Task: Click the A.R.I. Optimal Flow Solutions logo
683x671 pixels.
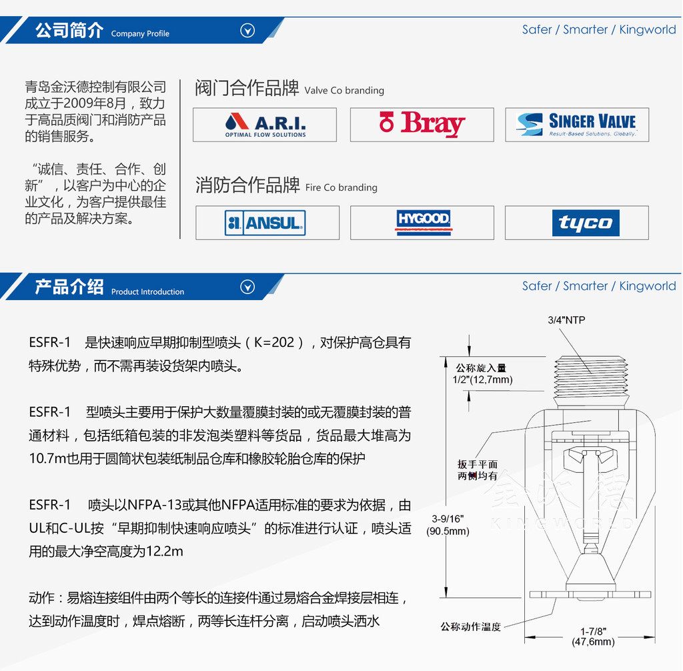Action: [265, 125]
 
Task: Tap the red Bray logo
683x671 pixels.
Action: [422, 124]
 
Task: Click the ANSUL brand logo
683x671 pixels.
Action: [265, 223]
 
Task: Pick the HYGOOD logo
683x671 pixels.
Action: [424, 222]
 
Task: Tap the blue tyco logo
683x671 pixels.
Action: [586, 223]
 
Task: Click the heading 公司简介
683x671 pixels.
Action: [69, 31]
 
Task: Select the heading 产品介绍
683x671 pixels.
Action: [69, 287]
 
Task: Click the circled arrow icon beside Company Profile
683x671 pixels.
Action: [247, 31]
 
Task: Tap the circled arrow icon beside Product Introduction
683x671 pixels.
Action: [247, 287]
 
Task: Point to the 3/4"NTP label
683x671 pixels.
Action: [566, 320]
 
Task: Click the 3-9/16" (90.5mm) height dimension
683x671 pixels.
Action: [448, 525]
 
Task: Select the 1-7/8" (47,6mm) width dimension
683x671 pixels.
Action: [593, 636]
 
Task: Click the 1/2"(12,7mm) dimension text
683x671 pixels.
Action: [483, 380]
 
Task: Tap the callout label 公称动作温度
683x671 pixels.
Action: [471, 626]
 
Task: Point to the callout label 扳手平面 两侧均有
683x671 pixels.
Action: [478, 470]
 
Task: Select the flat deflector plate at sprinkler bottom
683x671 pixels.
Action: [590, 594]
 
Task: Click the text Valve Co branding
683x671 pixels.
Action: [344, 90]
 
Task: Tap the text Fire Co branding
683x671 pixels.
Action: [341, 187]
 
